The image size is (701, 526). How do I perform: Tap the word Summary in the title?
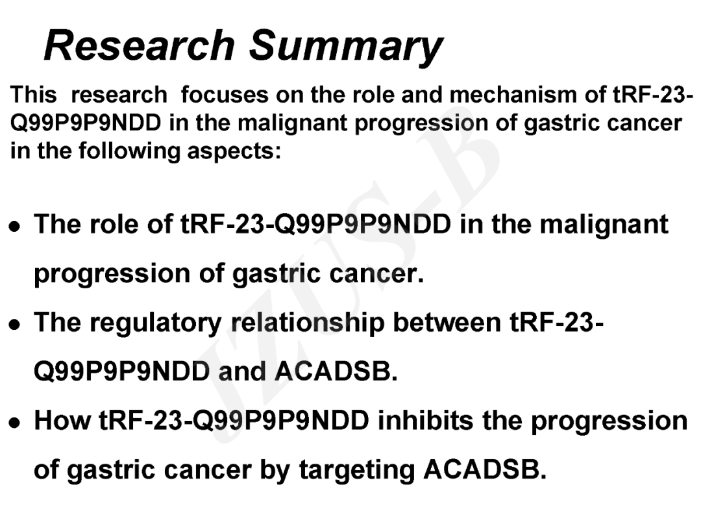345,47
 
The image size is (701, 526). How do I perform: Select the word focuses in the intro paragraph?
225,95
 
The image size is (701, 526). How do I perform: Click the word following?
129,151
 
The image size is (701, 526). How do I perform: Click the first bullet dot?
15,226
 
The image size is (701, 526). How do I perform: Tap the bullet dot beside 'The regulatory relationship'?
15,324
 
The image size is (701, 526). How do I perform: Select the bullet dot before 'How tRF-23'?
15,423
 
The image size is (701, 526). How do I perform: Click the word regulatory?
156,323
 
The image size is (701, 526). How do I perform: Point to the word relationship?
308,323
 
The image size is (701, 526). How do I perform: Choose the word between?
447,322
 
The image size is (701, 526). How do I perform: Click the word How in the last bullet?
62,420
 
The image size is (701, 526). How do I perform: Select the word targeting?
357,471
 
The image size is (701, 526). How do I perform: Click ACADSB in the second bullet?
336,371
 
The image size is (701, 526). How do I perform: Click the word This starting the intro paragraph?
34,95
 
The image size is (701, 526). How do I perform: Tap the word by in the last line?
275,471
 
